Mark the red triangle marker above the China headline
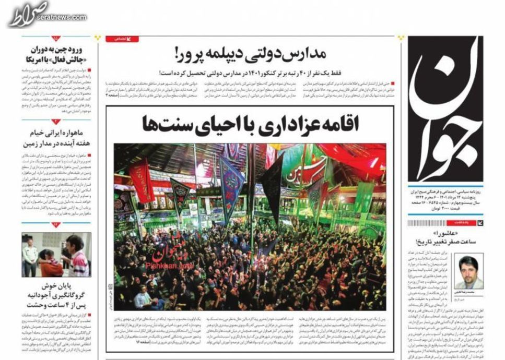tap(56, 39)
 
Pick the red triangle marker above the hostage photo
tap(56, 225)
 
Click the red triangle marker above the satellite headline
tap(56, 122)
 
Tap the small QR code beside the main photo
tap(110, 286)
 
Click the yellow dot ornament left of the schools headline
tap(99, 38)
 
